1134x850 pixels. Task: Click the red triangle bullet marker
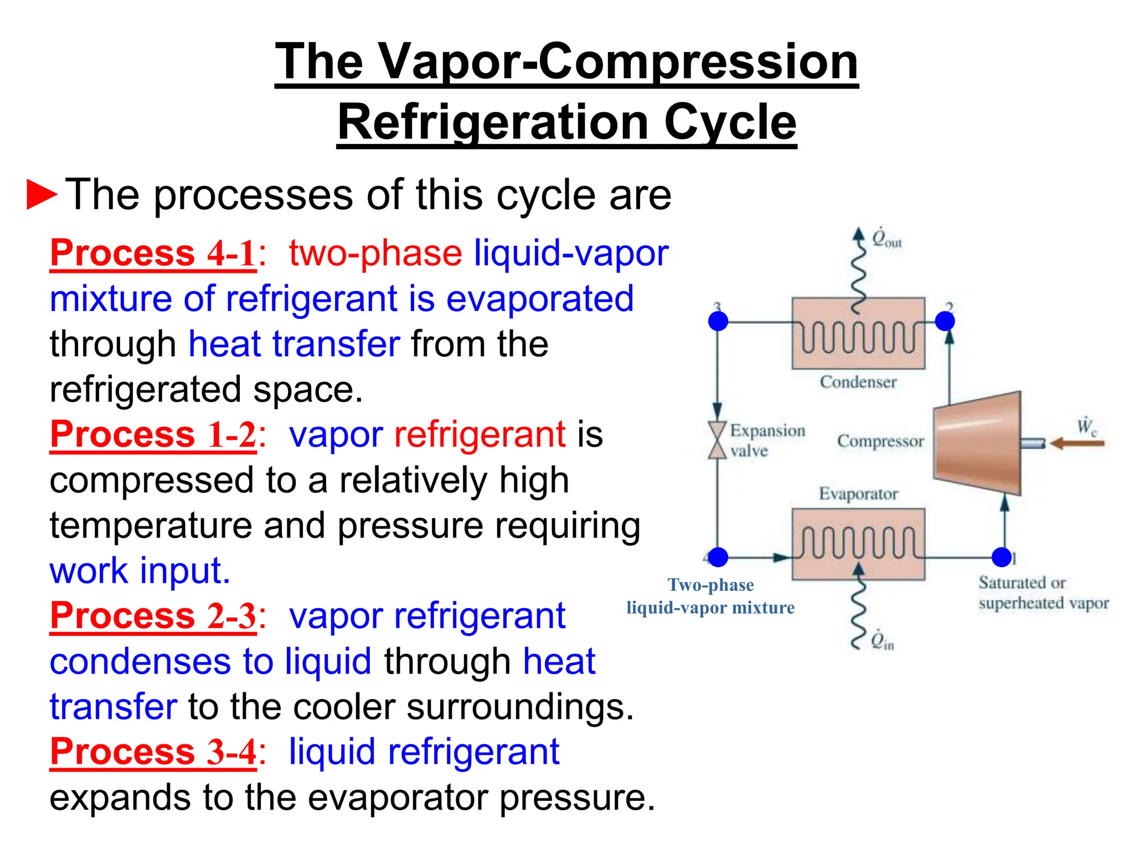pyautogui.click(x=42, y=194)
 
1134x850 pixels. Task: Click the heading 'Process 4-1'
pyautogui.click(x=153, y=253)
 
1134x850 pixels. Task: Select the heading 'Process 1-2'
pyautogui.click(x=153, y=434)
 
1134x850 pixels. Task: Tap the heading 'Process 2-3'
pyautogui.click(x=153, y=615)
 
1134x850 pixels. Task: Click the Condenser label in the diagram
pyautogui.click(x=858, y=382)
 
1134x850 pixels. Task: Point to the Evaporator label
pyautogui.click(x=858, y=494)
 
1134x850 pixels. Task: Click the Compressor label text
pyautogui.click(x=880, y=441)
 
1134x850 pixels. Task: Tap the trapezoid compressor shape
pyautogui.click(x=978, y=443)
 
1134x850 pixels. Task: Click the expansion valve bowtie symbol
pyautogui.click(x=718, y=440)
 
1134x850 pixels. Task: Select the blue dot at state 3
pyautogui.click(x=718, y=321)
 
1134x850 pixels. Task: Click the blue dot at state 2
pyautogui.click(x=945, y=321)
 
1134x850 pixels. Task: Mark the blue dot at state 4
pyautogui.click(x=718, y=557)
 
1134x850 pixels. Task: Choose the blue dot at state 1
pyautogui.click(x=1002, y=557)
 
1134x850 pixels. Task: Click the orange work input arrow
pyautogui.click(x=1077, y=443)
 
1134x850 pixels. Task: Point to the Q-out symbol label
pyautogui.click(x=886, y=240)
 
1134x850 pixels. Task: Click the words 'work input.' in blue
pyautogui.click(x=140, y=571)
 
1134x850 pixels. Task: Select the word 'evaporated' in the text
pyautogui.click(x=540, y=299)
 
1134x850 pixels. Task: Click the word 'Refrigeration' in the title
pyautogui.click(x=493, y=122)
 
